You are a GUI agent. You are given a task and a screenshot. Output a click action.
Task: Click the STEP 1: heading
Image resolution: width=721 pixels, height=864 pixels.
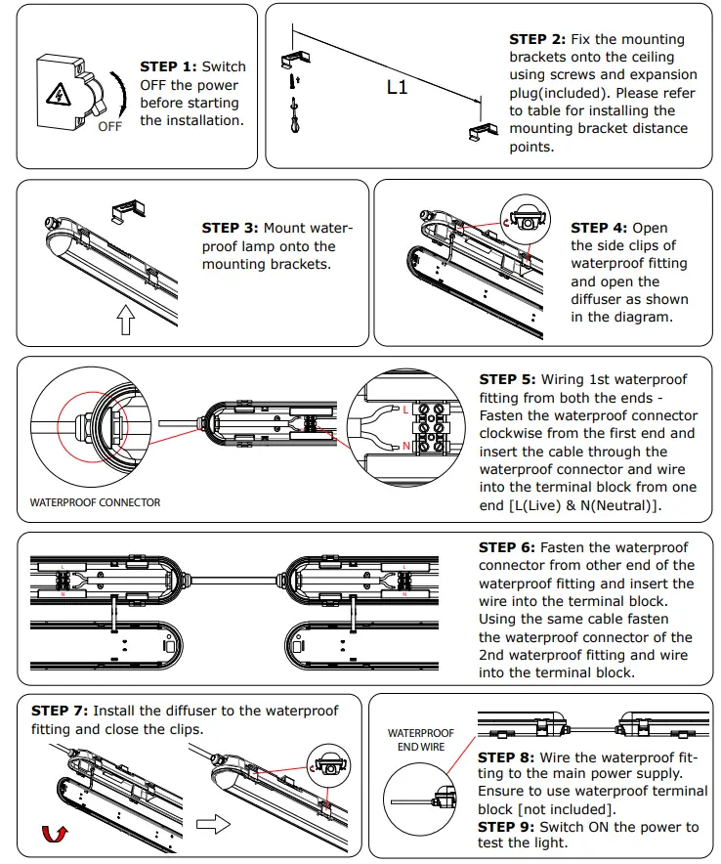(x=168, y=66)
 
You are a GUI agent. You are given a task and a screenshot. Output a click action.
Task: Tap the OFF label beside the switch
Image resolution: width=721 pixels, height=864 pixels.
(x=110, y=127)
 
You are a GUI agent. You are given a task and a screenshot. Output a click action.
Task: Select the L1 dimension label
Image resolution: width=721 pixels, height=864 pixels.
(x=397, y=87)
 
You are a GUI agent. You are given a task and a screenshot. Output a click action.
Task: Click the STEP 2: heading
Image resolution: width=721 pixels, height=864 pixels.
(x=537, y=39)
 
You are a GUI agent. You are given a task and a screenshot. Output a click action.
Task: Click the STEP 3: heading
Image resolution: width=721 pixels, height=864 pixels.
(x=230, y=228)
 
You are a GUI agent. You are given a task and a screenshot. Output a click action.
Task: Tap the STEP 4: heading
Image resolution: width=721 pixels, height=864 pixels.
(x=599, y=228)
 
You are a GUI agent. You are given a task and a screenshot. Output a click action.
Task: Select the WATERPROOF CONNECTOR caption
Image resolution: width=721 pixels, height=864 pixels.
(x=95, y=502)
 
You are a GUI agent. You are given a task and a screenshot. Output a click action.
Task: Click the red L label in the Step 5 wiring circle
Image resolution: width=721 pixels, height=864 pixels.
(x=405, y=410)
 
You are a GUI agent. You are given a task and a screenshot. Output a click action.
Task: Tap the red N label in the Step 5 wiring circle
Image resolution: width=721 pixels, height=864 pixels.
(x=405, y=446)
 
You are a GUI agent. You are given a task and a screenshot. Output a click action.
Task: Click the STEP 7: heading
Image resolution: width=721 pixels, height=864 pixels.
(x=60, y=711)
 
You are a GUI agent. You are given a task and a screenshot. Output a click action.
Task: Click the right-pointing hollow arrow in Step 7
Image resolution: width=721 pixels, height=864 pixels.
(x=213, y=824)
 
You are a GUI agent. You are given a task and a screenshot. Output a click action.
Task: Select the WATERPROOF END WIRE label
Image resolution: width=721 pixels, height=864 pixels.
(x=421, y=740)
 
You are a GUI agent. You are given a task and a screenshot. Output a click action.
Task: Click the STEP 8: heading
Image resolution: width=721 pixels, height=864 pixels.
(x=506, y=756)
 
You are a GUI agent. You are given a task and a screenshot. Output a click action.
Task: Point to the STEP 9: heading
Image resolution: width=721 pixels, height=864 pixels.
(x=506, y=827)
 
